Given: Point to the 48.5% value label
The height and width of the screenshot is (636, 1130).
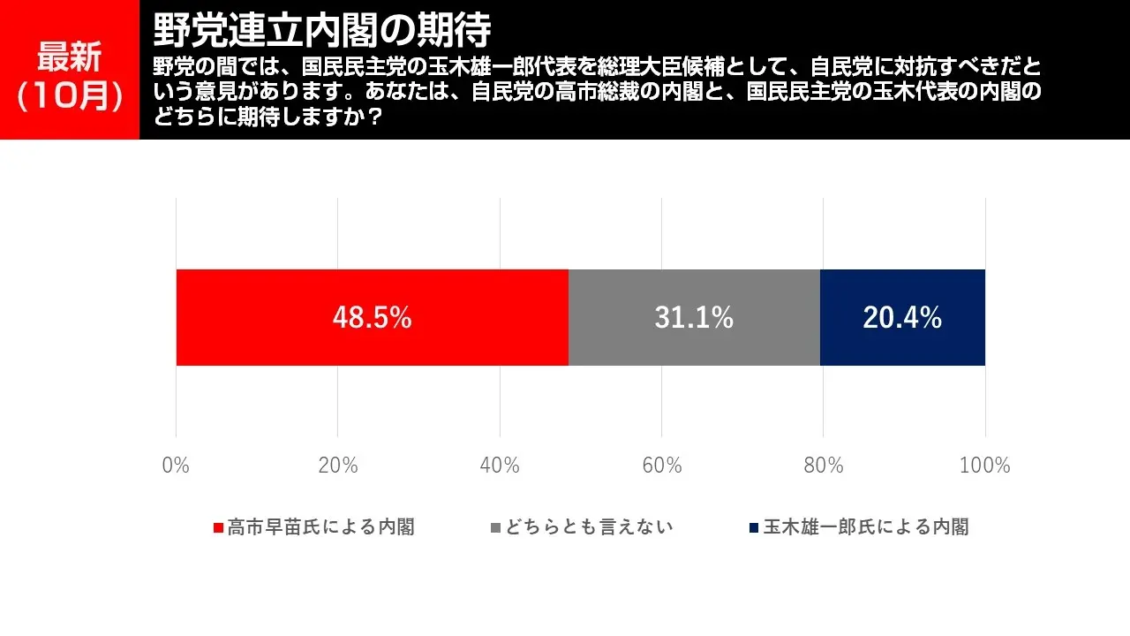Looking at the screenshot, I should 372,318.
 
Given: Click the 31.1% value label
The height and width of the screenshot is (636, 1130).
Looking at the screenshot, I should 694,318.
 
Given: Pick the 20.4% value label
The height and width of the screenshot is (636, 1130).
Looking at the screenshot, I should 902,318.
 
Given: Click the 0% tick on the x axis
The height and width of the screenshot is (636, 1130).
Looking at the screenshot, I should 176,466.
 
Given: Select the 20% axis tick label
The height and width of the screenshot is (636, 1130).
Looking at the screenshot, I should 337,466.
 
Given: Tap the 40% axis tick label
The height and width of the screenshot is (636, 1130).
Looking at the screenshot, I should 500,466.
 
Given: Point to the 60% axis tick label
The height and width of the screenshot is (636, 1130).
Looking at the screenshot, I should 661,466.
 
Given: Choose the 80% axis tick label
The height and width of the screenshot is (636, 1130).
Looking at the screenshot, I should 823,466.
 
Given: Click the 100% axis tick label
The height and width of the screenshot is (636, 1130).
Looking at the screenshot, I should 984,466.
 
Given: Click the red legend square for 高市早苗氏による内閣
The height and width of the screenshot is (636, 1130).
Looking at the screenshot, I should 218,528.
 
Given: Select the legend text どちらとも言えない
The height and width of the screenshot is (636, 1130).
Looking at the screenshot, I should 589,527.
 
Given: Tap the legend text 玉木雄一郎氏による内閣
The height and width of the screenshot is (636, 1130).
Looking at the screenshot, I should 866,527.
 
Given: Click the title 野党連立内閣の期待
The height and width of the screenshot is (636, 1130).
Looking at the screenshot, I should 321,31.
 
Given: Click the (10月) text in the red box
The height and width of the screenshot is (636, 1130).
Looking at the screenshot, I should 69,96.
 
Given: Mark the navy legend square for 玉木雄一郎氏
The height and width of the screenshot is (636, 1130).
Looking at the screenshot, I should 754,528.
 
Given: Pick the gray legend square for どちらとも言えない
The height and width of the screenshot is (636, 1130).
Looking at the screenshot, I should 495,528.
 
